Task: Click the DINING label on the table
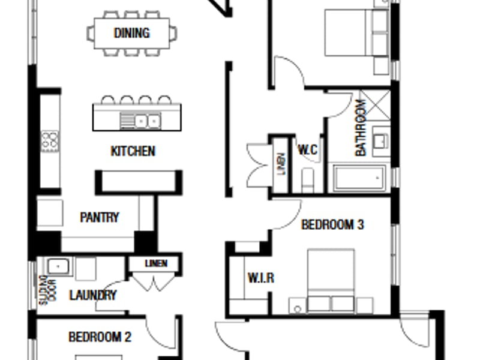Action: point(131,33)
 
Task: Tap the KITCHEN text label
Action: point(133,151)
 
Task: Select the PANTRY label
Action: point(99,217)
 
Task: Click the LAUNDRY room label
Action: point(93,295)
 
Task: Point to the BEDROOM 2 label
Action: point(100,337)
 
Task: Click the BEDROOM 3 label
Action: point(333,224)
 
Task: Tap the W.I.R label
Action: point(261,278)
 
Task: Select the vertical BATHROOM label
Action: point(361,127)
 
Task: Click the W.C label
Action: point(308,149)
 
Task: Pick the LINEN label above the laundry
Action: point(156,263)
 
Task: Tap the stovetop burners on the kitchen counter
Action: point(50,141)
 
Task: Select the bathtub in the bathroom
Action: point(359,178)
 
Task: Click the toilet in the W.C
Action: point(307,180)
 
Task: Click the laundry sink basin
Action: point(58,266)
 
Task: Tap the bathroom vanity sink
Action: point(380,140)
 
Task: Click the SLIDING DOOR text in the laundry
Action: point(48,290)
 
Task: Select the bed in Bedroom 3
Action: point(331,281)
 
